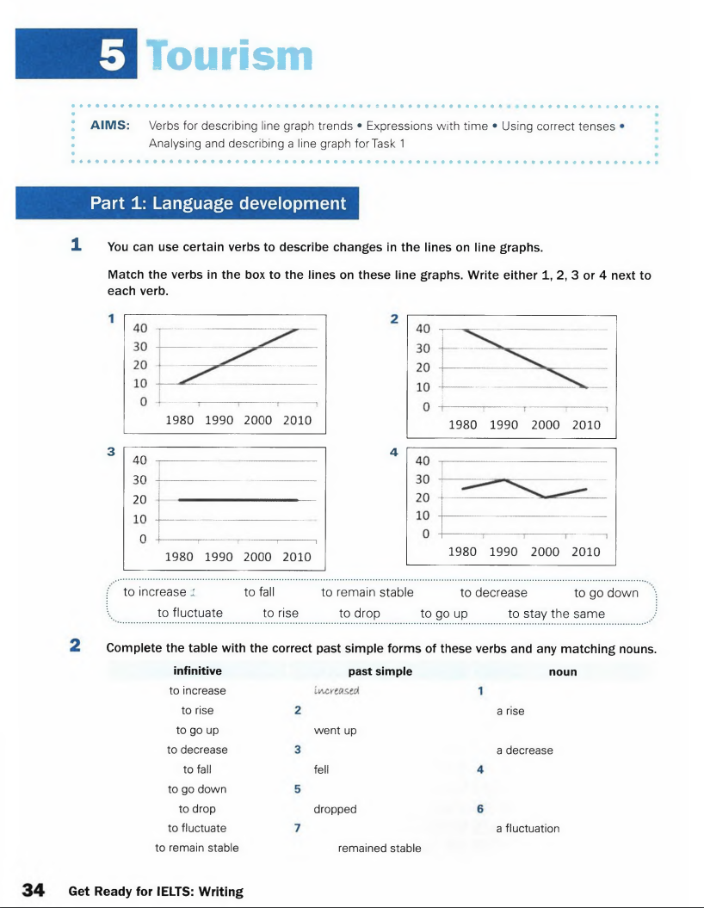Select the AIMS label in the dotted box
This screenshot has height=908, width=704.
110,126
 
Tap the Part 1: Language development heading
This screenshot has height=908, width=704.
219,204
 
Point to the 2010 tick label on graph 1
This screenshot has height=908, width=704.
297,420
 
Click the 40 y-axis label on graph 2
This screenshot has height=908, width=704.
423,329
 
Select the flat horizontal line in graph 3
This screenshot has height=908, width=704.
238,499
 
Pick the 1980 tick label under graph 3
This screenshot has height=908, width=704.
179,557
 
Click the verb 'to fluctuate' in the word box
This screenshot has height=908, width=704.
190,613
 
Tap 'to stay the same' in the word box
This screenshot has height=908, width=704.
556,613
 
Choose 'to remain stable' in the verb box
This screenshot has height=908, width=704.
367,592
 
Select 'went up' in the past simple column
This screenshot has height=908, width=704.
335,731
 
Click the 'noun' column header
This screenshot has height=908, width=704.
562,671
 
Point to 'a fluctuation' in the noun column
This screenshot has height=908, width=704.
528,828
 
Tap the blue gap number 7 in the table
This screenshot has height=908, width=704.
297,828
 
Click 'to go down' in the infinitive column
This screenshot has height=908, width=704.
197,789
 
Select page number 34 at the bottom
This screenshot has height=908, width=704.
33,891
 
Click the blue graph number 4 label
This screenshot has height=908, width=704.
393,451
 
